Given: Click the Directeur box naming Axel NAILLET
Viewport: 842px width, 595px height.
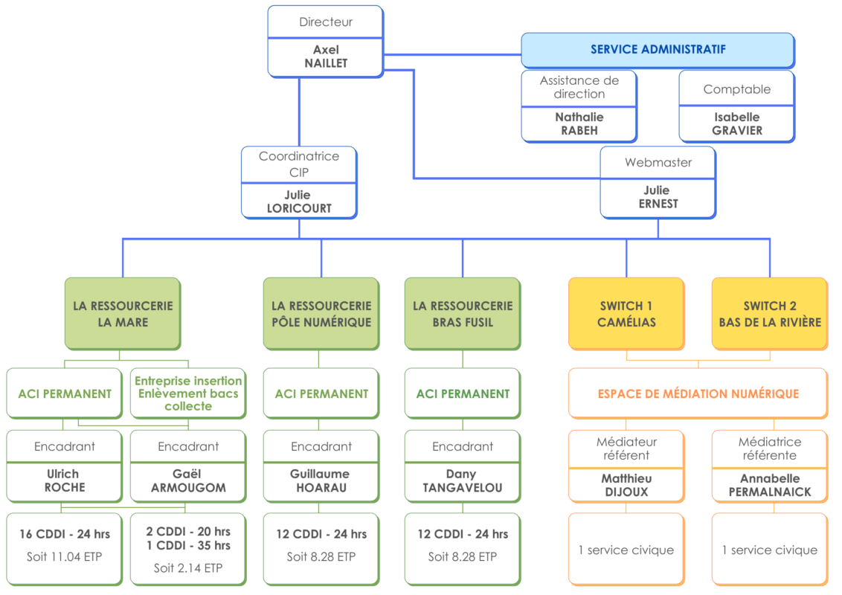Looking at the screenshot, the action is point(325,42).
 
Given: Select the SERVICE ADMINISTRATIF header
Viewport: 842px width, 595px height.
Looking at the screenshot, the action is point(658,50).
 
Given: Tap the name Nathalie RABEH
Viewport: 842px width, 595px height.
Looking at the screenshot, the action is point(579,123).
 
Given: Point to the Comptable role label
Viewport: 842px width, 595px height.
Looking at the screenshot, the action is point(736,89).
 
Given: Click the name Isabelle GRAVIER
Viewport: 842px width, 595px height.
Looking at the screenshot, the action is point(736,123).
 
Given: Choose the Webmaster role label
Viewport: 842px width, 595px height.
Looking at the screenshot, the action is point(658,162).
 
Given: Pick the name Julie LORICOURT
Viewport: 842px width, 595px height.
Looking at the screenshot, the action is point(299,202).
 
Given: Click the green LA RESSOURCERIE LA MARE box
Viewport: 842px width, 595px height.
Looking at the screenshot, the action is point(123,314).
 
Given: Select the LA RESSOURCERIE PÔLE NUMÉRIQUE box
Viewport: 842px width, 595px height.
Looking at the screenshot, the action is point(321,314).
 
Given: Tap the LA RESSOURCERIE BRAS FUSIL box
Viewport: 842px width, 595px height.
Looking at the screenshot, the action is point(463,314).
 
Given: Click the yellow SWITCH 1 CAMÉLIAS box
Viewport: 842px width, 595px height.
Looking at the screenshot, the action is point(626,314).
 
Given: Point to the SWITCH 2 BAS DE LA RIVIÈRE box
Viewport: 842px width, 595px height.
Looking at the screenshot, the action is point(770,314).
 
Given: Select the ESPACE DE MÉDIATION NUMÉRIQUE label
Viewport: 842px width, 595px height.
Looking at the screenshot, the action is point(698,393).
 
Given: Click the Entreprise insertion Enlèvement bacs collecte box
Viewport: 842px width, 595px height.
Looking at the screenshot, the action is point(188,393).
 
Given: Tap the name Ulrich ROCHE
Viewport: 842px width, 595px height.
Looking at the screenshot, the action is point(65,480).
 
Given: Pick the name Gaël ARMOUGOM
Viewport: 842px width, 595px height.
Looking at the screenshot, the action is point(188,480).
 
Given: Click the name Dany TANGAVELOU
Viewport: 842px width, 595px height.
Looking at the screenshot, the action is point(463,480).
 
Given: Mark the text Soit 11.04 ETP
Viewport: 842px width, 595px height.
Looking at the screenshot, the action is point(65,557).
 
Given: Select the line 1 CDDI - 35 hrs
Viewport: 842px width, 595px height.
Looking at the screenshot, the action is point(188,546).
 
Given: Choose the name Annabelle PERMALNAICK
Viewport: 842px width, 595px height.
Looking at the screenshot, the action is point(770,485).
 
